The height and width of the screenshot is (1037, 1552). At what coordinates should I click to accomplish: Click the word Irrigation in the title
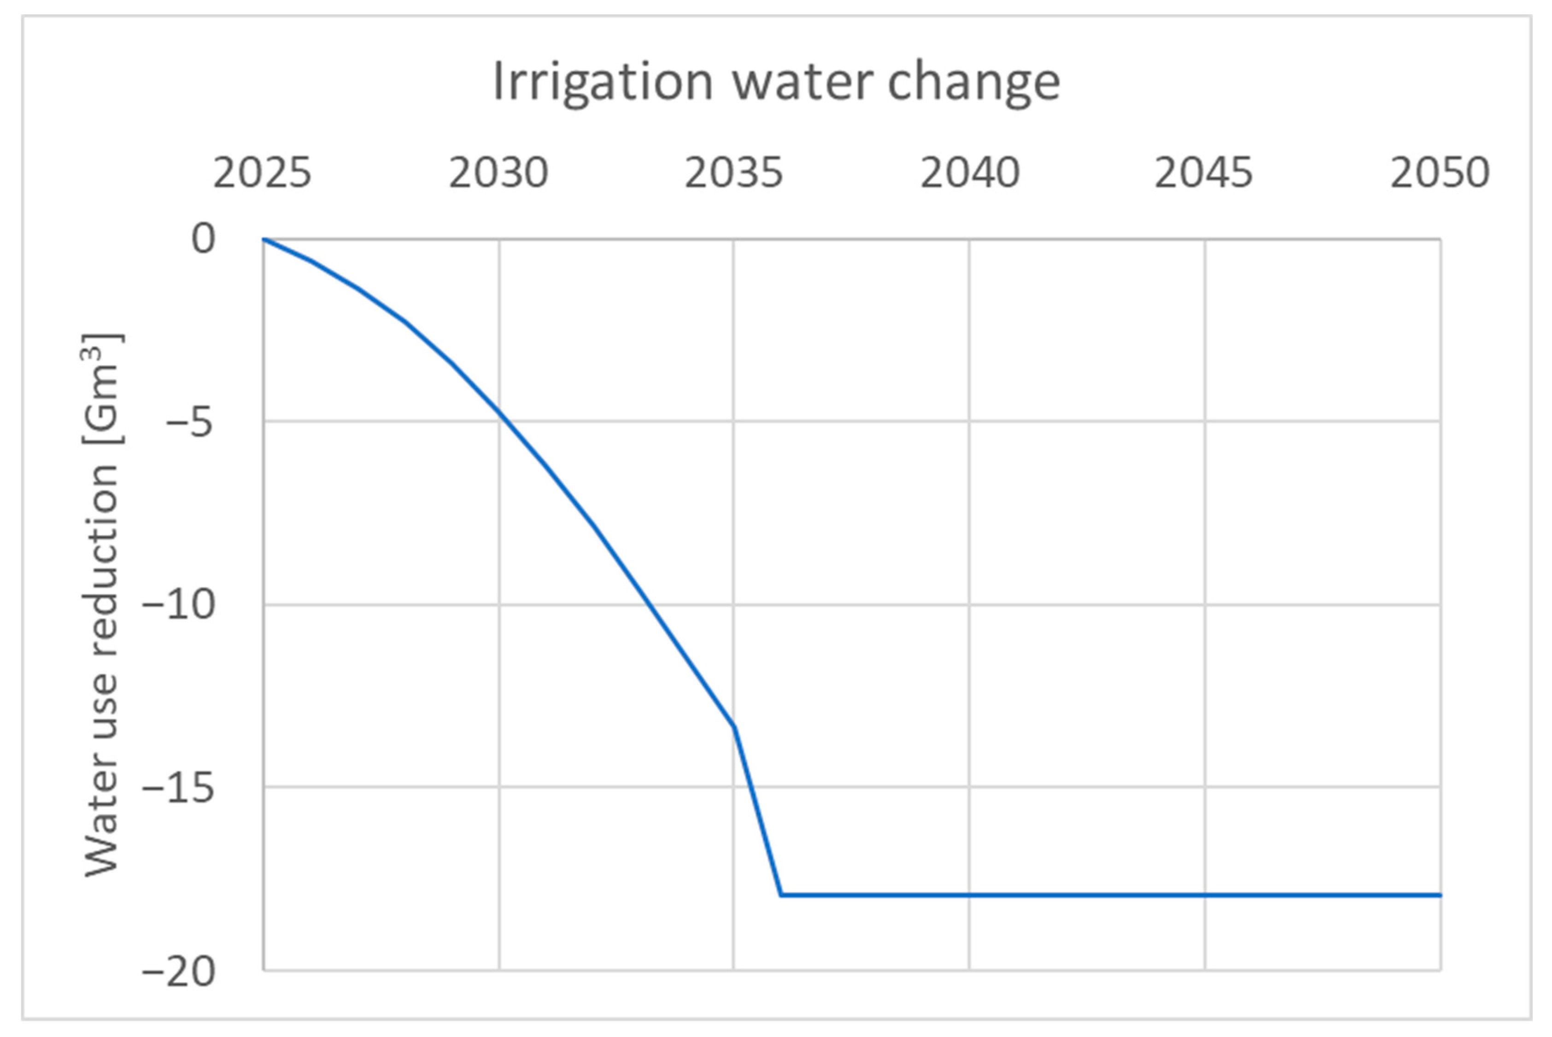[x=602, y=82]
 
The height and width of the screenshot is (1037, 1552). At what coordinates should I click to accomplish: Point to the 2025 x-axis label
[x=262, y=173]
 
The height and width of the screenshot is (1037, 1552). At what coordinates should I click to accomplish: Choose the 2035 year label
[x=734, y=173]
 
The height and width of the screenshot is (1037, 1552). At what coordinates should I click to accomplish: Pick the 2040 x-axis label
[x=970, y=173]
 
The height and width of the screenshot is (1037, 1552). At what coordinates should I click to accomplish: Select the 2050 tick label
[x=1440, y=173]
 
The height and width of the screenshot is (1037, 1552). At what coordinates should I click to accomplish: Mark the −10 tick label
[x=179, y=605]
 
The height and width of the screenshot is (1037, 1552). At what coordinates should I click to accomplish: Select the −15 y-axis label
[x=179, y=788]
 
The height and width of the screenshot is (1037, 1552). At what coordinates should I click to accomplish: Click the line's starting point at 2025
[x=264, y=239]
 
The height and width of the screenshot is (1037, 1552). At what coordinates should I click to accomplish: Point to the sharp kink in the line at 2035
[x=734, y=727]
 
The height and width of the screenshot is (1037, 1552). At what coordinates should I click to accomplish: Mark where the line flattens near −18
[x=781, y=895]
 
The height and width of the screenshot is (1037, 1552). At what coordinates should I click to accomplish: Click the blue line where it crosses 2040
[x=969, y=895]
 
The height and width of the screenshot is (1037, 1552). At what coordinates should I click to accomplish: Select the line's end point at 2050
[x=1440, y=895]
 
